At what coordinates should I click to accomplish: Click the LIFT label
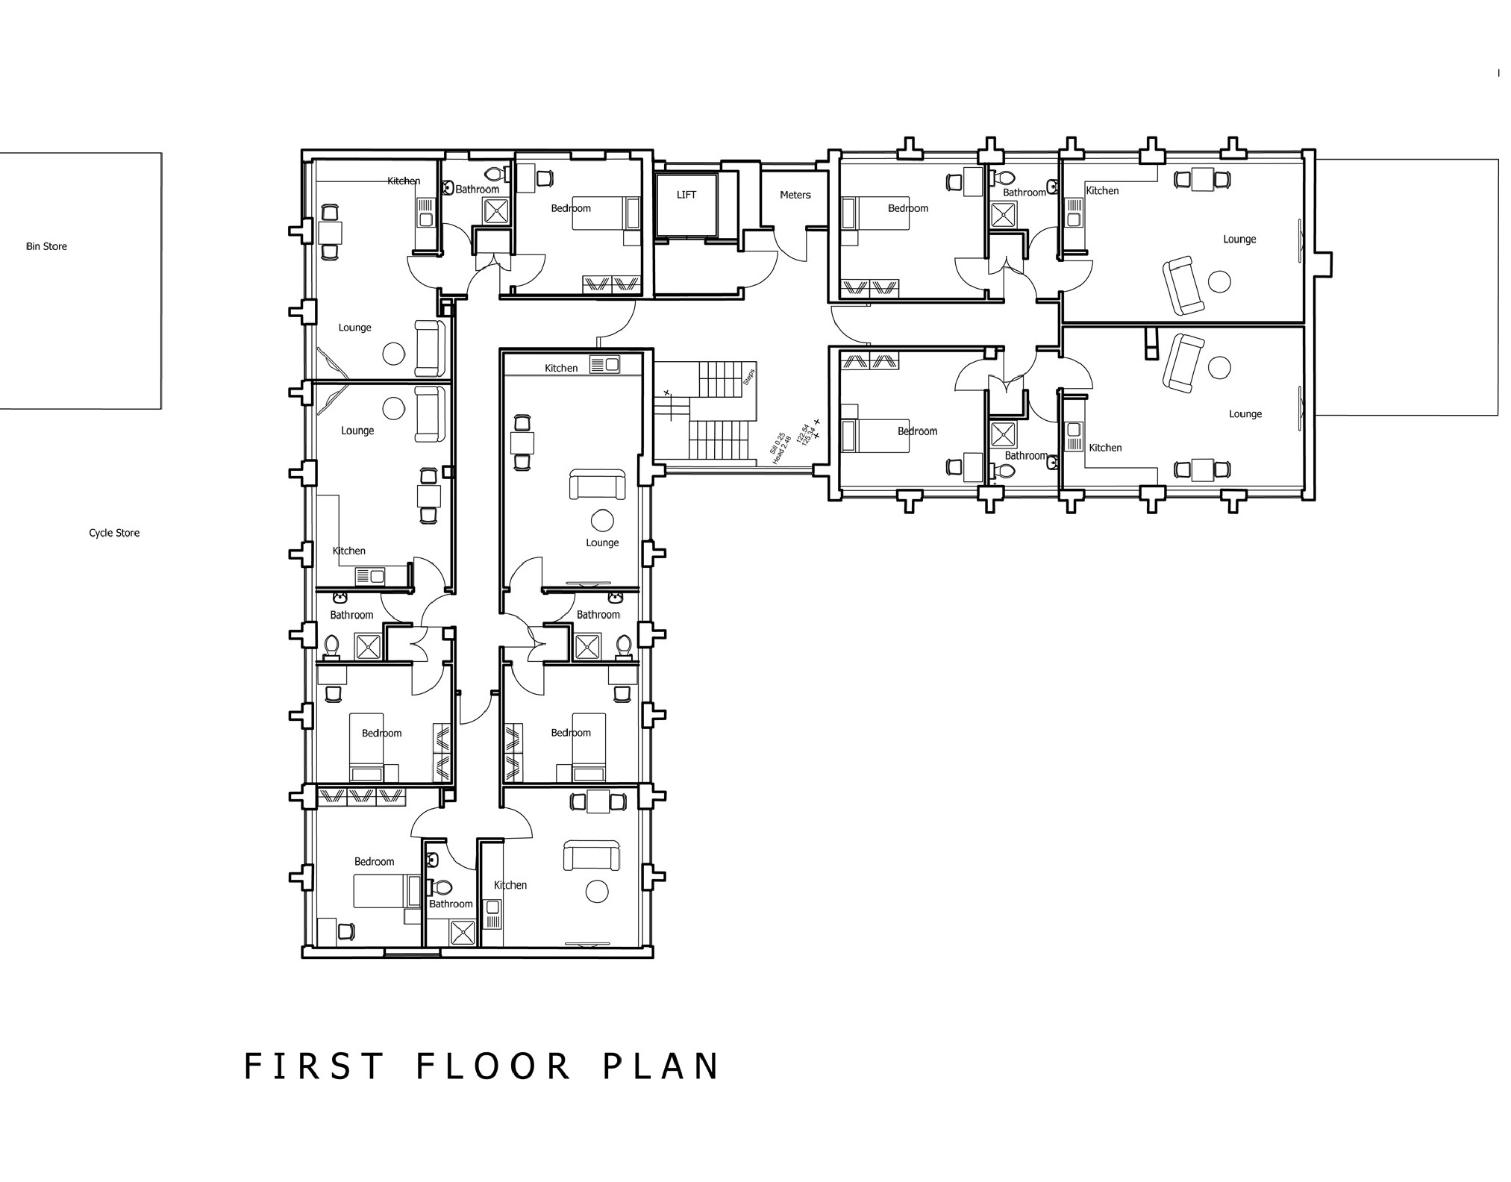pos(686,195)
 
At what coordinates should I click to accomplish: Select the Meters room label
pos(795,195)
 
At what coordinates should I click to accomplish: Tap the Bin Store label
pos(46,246)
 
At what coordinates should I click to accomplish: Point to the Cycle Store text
pos(114,533)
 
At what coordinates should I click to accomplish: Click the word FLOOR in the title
pos(493,1066)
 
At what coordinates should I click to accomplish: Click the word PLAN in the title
pos(661,1066)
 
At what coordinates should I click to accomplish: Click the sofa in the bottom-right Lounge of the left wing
pos(592,855)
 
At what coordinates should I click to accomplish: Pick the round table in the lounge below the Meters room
pos(601,520)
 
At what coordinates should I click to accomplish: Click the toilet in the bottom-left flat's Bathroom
pos(442,887)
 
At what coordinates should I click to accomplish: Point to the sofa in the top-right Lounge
pos(1183,286)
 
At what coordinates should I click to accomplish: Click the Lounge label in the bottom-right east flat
pos(1245,414)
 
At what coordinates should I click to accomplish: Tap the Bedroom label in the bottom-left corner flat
pos(374,862)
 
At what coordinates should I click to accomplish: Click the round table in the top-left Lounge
pos(393,354)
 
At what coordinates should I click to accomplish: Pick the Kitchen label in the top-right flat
pos(1102,191)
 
